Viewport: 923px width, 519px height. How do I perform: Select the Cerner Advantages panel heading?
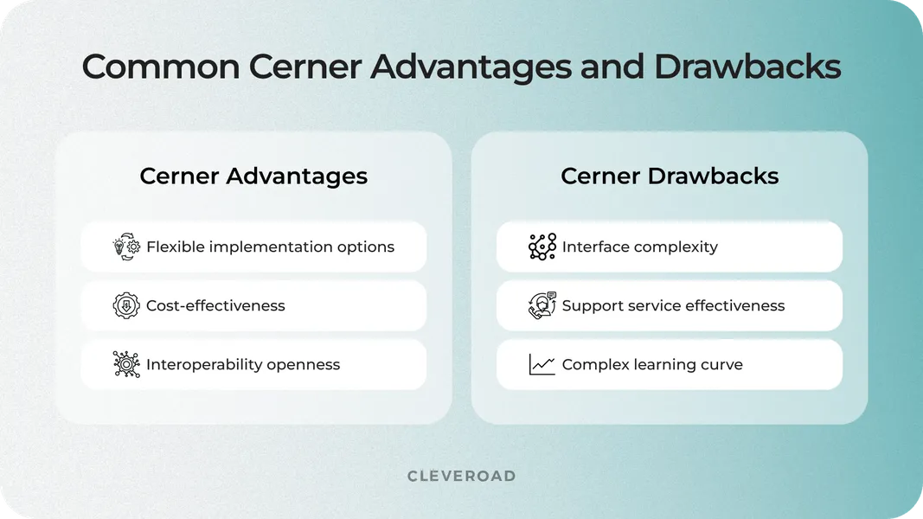(253, 176)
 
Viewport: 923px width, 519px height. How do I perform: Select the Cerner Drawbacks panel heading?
(670, 176)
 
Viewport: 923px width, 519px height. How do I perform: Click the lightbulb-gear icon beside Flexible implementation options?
(126, 247)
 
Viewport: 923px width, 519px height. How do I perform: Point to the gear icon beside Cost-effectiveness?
(126, 305)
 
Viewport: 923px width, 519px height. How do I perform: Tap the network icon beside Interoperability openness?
(126, 364)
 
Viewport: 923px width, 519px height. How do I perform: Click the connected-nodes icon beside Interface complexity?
(542, 247)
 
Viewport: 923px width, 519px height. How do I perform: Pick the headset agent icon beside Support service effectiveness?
(542, 305)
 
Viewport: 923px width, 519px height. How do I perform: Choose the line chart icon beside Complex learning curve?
(542, 364)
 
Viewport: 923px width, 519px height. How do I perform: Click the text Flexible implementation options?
(270, 247)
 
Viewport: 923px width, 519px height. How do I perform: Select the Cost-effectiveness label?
(215, 305)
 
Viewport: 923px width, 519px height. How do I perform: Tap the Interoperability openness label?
(243, 364)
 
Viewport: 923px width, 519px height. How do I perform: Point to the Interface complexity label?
(639, 247)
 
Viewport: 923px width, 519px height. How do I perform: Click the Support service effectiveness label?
(673, 305)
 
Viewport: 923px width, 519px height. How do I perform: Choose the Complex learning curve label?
(652, 364)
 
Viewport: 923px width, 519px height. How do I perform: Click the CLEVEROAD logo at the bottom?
(461, 476)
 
